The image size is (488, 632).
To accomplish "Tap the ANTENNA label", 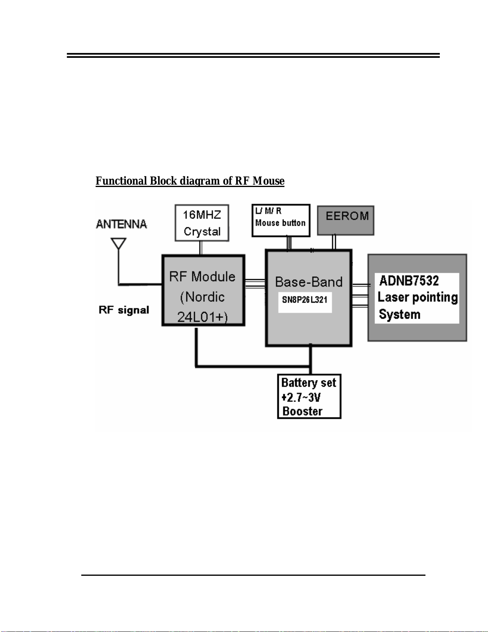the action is coord(122,224).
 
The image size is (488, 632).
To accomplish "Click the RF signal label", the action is coord(124,310).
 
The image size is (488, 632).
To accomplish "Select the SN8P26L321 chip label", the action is coord(305,299).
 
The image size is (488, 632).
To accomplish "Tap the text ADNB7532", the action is coord(409,281).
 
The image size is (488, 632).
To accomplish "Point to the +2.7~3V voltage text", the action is coord(301,397).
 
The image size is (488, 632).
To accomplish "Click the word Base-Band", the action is coord(309,282).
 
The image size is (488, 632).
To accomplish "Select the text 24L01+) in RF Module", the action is coord(202,317).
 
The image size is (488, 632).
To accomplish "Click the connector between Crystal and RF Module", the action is coord(201,248).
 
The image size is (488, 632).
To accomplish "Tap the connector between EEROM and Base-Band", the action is coord(334,242).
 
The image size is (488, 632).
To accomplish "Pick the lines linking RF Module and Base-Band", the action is coord(255,284).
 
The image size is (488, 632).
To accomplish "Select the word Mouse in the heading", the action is coord(268,181).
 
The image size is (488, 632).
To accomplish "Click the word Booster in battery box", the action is coord(302,411).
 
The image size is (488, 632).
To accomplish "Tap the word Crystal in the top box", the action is coord(202,232).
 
